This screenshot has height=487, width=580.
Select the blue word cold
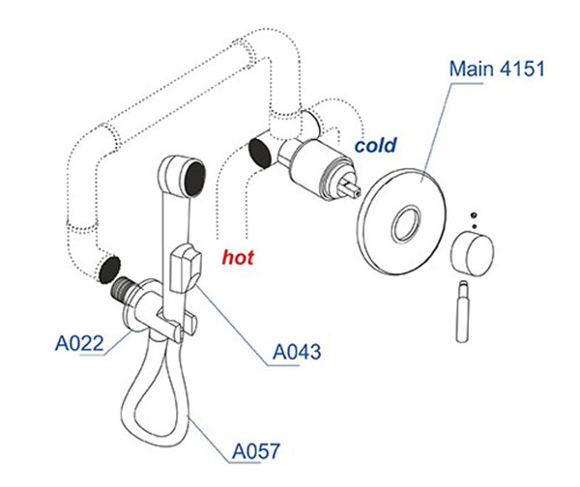(x=377, y=146)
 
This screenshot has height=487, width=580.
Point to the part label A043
(x=295, y=351)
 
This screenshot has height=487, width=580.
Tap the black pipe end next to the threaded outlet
(x=108, y=268)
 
